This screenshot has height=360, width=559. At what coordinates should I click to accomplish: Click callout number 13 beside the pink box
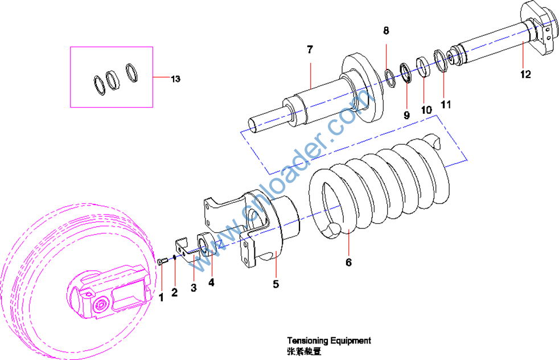(x=176, y=79)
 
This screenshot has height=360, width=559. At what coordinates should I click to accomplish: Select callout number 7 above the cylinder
(x=310, y=50)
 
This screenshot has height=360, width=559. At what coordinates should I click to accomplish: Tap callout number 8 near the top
(x=386, y=31)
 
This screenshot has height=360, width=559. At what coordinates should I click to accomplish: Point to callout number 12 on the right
(x=525, y=74)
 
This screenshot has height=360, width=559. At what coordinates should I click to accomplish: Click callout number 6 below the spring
(x=348, y=262)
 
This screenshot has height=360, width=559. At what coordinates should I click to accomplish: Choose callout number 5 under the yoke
(x=276, y=284)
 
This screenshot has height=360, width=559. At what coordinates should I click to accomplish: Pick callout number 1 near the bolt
(x=161, y=297)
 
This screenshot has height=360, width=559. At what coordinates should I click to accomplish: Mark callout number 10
(x=426, y=109)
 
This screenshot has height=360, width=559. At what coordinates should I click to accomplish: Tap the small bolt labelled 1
(x=161, y=261)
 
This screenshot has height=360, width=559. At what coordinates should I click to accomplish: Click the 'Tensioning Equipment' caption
(x=328, y=341)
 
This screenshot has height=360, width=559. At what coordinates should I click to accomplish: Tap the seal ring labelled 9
(x=407, y=73)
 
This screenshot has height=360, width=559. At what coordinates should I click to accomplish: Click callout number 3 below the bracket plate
(x=194, y=288)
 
